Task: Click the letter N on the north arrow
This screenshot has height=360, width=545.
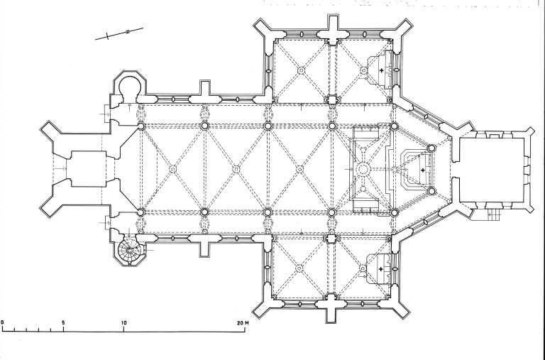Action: click(x=126, y=32)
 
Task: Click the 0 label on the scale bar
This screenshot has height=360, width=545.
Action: click(x=3, y=322)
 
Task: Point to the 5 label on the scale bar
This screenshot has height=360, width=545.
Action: click(x=64, y=322)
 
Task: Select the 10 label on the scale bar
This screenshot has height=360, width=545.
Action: click(x=124, y=322)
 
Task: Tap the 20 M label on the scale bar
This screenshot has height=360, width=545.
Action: click(x=242, y=322)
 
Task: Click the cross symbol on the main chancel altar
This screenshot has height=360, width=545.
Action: click(x=423, y=170)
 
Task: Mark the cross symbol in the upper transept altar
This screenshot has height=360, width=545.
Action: click(x=382, y=71)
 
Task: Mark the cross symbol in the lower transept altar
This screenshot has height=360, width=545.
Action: click(x=382, y=269)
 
